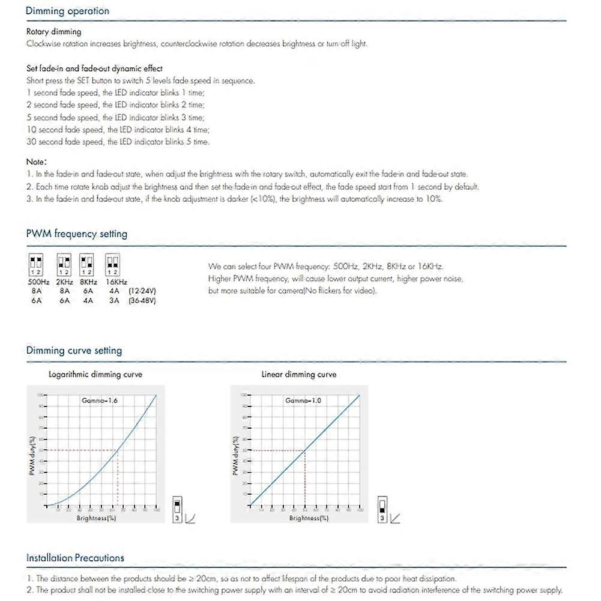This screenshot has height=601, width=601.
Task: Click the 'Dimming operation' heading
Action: coord(67,11)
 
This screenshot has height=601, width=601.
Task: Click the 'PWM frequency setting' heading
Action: coord(76,234)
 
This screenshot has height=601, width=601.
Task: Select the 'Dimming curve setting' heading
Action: coord(74,351)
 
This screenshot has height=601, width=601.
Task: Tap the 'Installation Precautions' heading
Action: coord(75,558)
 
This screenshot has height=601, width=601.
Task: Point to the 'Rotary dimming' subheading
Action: coord(53,32)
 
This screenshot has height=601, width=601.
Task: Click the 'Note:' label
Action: coord(37,162)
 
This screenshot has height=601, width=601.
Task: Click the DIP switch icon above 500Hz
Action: coord(36,264)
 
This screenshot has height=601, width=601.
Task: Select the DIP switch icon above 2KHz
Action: coord(64,264)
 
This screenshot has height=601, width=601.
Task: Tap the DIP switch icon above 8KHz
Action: coord(88,264)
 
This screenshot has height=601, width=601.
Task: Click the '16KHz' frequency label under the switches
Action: coord(116,282)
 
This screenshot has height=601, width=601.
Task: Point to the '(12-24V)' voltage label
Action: coord(142,291)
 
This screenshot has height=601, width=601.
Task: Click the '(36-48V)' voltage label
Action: coord(142,300)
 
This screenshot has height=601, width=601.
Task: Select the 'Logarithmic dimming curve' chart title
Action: coord(95,375)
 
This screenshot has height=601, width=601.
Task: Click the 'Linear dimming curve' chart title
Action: coord(298,375)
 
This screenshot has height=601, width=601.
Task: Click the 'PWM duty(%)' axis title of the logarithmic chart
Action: coord(31,456)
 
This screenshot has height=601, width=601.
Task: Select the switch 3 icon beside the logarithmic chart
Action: coord(178,509)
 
